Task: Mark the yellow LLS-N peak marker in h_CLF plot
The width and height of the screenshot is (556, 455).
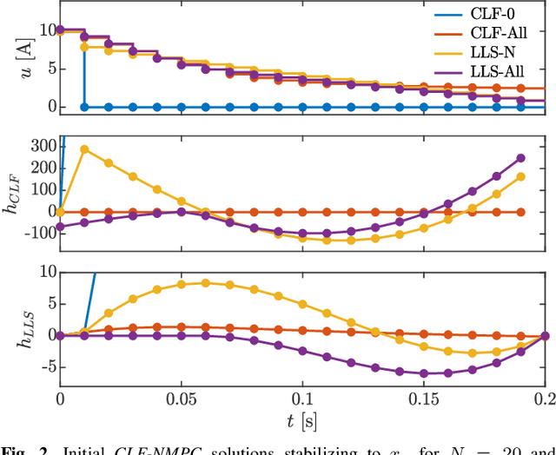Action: (84, 148)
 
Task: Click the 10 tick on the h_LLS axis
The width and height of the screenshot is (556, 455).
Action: (44, 273)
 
